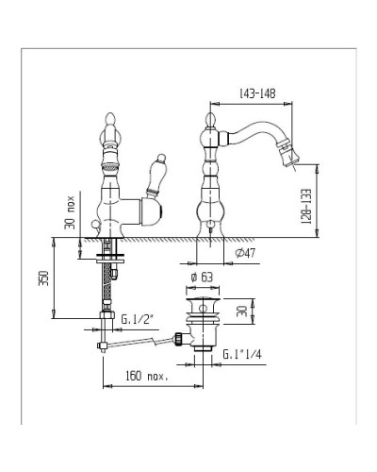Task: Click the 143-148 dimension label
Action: (x=257, y=93)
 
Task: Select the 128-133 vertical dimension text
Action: (x=306, y=207)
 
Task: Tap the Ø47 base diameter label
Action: (x=245, y=253)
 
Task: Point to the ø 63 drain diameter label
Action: (x=202, y=278)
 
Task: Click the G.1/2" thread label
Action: (x=137, y=319)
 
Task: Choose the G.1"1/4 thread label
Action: (x=242, y=354)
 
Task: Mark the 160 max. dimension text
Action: (x=147, y=376)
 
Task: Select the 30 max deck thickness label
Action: (x=70, y=212)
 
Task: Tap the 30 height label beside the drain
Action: (x=242, y=312)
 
